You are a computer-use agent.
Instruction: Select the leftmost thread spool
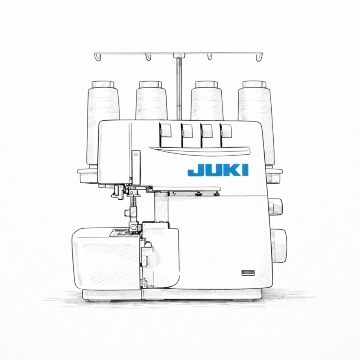[x=103, y=119]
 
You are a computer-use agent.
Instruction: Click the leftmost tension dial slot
[x=166, y=132]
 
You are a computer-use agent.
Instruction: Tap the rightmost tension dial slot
[x=226, y=132]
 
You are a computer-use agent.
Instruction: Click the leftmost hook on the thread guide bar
[x=97, y=57]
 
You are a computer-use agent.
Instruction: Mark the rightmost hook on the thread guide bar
[x=259, y=57]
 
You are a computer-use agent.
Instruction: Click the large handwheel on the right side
[x=279, y=245]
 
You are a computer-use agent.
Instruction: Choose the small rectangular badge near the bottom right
[x=248, y=272]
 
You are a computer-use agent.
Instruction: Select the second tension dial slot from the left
[x=187, y=132]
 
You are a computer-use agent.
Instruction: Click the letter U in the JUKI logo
[x=211, y=171]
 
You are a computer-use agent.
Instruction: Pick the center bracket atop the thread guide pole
[x=178, y=55]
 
